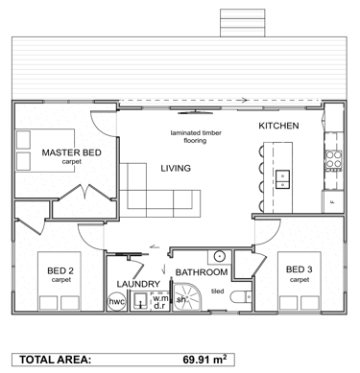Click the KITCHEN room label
[x=278, y=126]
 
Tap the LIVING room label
[x=176, y=168]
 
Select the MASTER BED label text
[x=71, y=152]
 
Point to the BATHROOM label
[x=202, y=272]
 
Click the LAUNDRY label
[x=138, y=284]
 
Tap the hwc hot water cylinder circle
[x=116, y=302]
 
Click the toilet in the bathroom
[x=241, y=297]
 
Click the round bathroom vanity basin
[x=220, y=256]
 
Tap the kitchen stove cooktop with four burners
[x=333, y=159]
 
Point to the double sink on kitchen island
[x=282, y=179]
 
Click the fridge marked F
[x=332, y=201]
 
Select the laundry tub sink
[x=140, y=301]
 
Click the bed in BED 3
[x=300, y=281]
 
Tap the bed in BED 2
[x=60, y=281]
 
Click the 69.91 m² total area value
[x=204, y=360]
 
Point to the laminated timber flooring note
[x=196, y=136]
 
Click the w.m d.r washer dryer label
[x=159, y=302]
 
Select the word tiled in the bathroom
[x=218, y=291]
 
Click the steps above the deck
[x=242, y=23]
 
